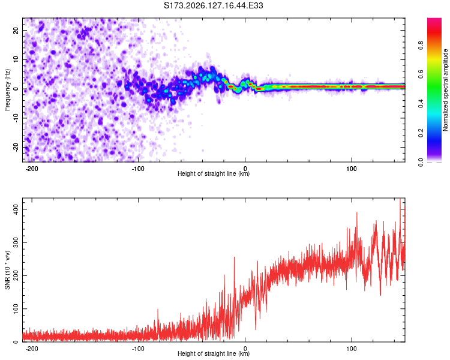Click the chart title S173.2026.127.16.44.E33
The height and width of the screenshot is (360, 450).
point(213,5)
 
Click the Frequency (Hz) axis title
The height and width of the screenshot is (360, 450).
point(7,90)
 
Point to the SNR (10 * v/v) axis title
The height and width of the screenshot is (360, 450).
point(7,270)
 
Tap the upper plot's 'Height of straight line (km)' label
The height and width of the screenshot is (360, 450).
point(214,173)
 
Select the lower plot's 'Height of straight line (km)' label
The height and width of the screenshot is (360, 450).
point(214,353)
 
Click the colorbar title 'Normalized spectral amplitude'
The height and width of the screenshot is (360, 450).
point(445,90)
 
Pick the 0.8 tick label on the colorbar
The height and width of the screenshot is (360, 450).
point(421,46)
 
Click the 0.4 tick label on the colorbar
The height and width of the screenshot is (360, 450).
point(421,104)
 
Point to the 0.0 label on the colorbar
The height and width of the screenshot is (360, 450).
point(421,163)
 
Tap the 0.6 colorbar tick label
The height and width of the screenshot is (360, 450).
point(421,74)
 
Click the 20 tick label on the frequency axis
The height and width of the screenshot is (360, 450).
point(16,31)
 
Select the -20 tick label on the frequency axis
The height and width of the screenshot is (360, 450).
point(16,148)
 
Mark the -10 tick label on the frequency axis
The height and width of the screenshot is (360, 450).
point(16,118)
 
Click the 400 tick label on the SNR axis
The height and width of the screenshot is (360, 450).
point(16,209)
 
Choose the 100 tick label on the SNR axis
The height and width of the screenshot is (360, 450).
point(16,309)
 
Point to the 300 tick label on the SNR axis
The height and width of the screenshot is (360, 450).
point(16,242)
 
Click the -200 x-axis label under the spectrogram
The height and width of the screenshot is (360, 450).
point(32,169)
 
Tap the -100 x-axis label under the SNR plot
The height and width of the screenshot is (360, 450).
point(139,349)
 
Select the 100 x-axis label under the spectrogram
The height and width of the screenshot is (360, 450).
point(352,169)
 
